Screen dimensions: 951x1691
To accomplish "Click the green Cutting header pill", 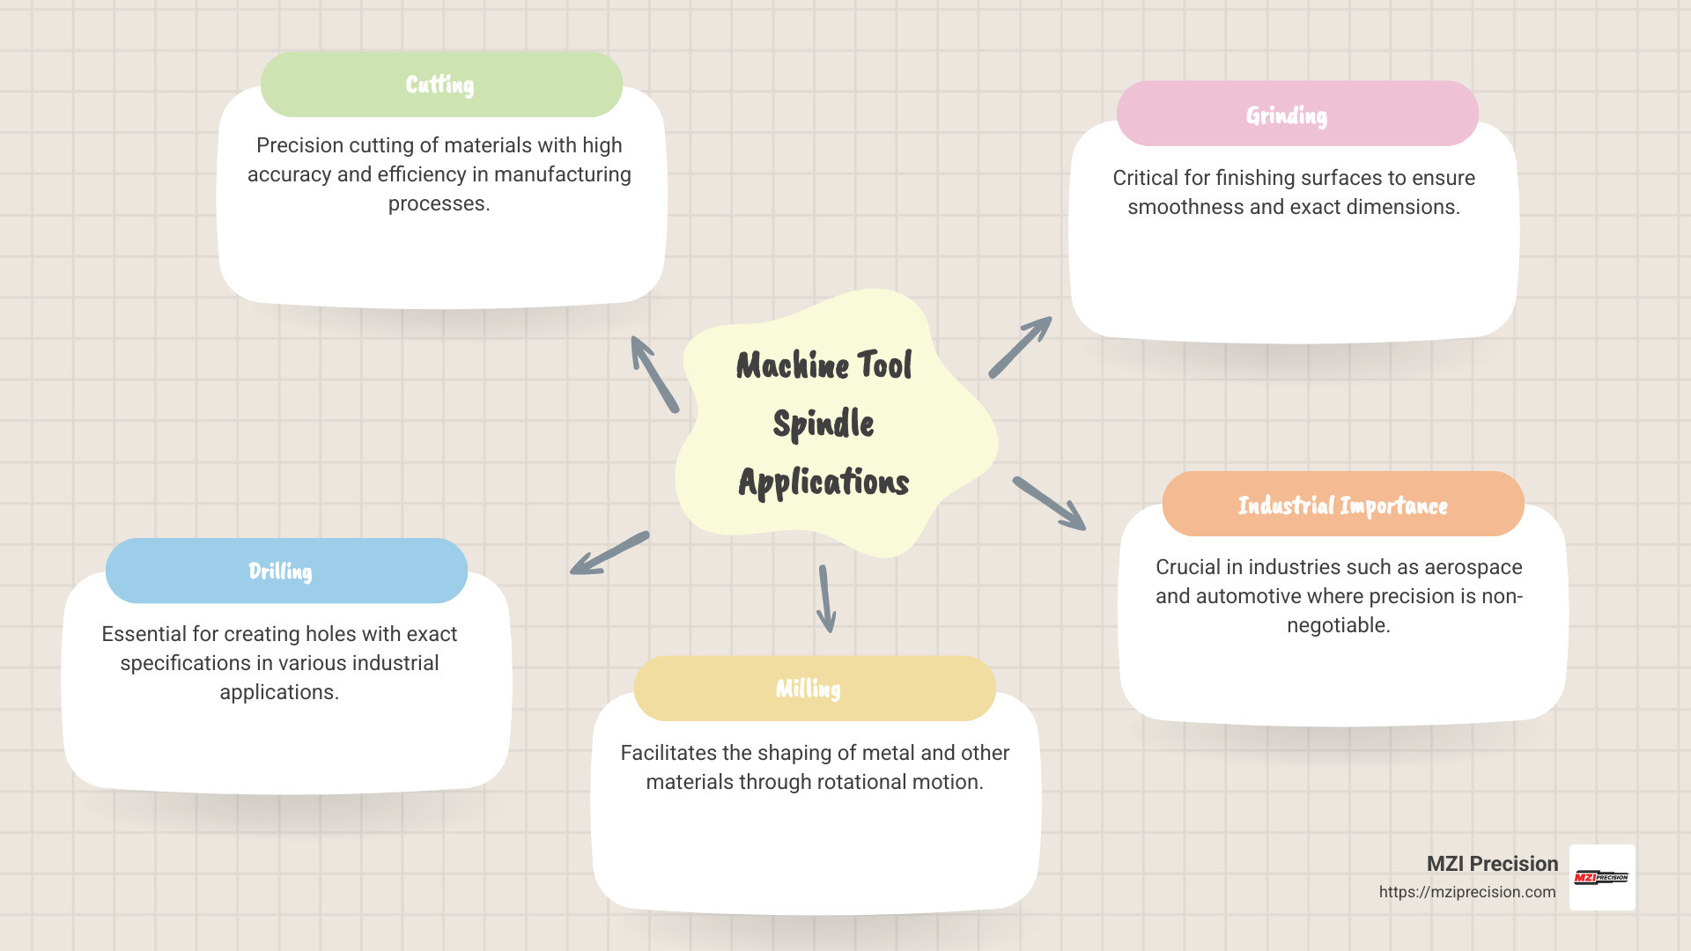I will tap(441, 85).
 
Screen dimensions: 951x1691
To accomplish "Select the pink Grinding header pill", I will tap(1296, 114).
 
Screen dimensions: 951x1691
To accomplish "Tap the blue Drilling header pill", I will tap(286, 571).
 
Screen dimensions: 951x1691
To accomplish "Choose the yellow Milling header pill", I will tap(815, 689).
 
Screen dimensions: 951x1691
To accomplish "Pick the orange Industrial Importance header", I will tap(1343, 505).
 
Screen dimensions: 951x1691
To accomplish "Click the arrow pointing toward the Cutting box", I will tap(654, 373).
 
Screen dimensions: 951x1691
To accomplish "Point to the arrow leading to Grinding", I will tap(1021, 347).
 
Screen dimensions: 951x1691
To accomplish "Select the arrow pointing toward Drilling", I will tap(609, 553).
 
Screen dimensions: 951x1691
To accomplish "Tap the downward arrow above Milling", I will tap(826, 599).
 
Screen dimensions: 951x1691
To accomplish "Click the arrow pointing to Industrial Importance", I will tap(1049, 503).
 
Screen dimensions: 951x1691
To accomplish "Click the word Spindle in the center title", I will tap(823, 424).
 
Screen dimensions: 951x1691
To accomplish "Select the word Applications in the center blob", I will tap(823, 482).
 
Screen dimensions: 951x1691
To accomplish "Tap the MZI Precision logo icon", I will tap(1602, 877).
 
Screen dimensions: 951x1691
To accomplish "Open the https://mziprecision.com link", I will tap(1467, 892).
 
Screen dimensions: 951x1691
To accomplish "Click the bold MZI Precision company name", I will tap(1492, 864).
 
